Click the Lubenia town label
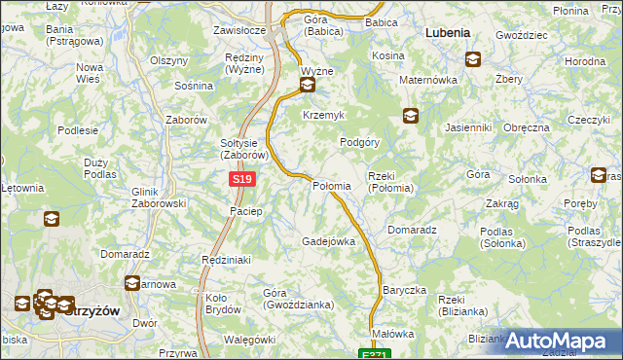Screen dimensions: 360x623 click(x=448, y=32)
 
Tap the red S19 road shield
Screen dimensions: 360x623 click(x=243, y=180)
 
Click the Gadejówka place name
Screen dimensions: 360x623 click(x=328, y=240)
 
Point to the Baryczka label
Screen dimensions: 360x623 click(x=405, y=290)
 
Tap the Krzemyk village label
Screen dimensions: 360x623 click(x=324, y=115)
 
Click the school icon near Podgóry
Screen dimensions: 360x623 click(x=411, y=117)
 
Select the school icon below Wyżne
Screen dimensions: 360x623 click(x=308, y=87)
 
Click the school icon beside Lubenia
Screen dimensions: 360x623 click(x=472, y=58)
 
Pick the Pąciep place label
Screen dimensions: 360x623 click(x=246, y=211)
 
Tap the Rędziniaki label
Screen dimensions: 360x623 click(x=226, y=260)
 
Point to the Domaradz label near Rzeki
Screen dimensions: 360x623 click(x=410, y=230)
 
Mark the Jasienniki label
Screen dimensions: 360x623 click(x=467, y=127)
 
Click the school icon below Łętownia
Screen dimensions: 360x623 click(x=50, y=219)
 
